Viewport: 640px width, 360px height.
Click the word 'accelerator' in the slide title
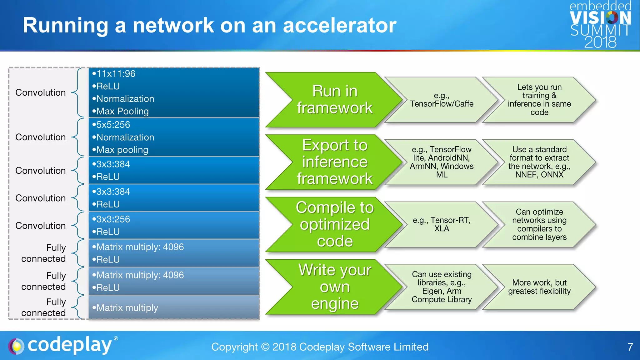[x=339, y=26]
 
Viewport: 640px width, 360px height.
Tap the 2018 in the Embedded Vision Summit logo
[x=600, y=42]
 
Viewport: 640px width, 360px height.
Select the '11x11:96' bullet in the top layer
[x=116, y=74]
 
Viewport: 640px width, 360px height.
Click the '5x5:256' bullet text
[x=113, y=125]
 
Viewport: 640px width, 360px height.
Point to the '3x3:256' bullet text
[x=113, y=219]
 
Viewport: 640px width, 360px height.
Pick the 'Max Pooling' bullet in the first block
[x=122, y=111]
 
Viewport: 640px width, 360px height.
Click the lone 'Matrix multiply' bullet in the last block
[x=127, y=308]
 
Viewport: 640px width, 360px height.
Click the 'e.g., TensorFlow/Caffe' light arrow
[x=441, y=100]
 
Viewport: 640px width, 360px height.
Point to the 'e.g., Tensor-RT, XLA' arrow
[x=441, y=224]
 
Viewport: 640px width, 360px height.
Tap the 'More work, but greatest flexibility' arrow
[x=539, y=287]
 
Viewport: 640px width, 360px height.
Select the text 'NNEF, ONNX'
[x=539, y=175]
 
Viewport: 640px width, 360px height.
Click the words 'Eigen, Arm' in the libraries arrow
[x=441, y=291]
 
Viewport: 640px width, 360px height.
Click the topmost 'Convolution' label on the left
[x=41, y=92]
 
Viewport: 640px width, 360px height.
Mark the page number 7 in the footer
[x=630, y=347]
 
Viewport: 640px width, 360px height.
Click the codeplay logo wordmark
[x=69, y=345]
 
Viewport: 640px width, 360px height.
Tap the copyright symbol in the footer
[x=265, y=347]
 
